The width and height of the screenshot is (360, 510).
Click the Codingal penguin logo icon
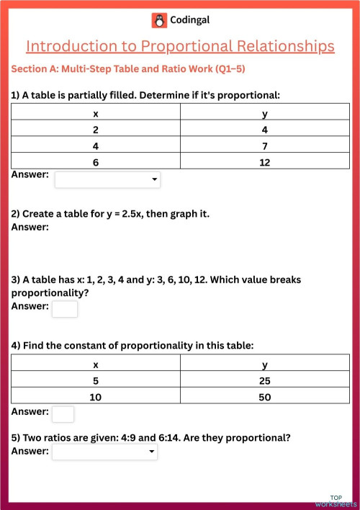159,20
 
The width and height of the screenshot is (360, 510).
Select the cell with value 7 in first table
264,146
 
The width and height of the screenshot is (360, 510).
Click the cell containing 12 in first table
264,162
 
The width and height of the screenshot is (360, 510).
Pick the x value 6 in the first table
96,162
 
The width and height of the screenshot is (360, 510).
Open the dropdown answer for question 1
107,180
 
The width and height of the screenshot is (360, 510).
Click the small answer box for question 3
64,309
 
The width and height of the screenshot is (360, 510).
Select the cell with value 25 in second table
264,380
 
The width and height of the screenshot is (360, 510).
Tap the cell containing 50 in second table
264,397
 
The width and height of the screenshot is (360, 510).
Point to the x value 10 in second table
96,397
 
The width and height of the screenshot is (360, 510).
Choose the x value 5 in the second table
96,380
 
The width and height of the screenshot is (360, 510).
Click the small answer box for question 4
63,413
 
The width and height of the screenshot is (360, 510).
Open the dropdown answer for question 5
104,452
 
